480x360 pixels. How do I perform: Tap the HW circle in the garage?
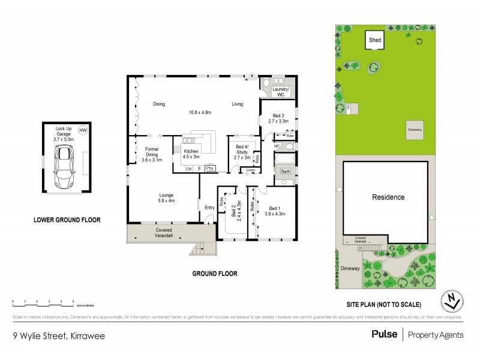(x=83, y=130)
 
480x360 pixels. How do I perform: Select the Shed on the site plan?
(x=375, y=40)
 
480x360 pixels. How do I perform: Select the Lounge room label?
(x=166, y=197)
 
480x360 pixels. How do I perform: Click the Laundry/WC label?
(x=281, y=92)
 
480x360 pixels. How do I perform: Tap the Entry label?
(x=209, y=208)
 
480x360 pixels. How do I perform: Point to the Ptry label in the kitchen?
(x=210, y=169)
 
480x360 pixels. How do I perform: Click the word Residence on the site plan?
(x=388, y=197)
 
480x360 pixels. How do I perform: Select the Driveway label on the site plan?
(x=350, y=268)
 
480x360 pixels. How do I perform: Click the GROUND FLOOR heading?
(x=214, y=273)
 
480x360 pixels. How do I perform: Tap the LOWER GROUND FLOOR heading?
(x=67, y=220)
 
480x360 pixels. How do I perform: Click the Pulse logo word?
(x=384, y=334)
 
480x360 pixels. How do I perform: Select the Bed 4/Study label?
(x=242, y=152)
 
